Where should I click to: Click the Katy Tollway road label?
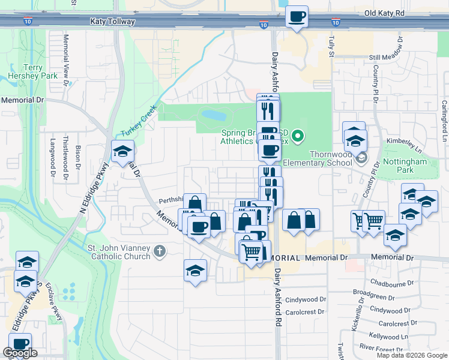coord(112,22)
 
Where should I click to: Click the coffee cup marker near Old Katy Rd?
coord(297,16)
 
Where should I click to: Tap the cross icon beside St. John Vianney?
coord(160,251)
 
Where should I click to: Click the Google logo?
coord(20,353)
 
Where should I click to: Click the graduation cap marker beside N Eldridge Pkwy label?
coord(122,152)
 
